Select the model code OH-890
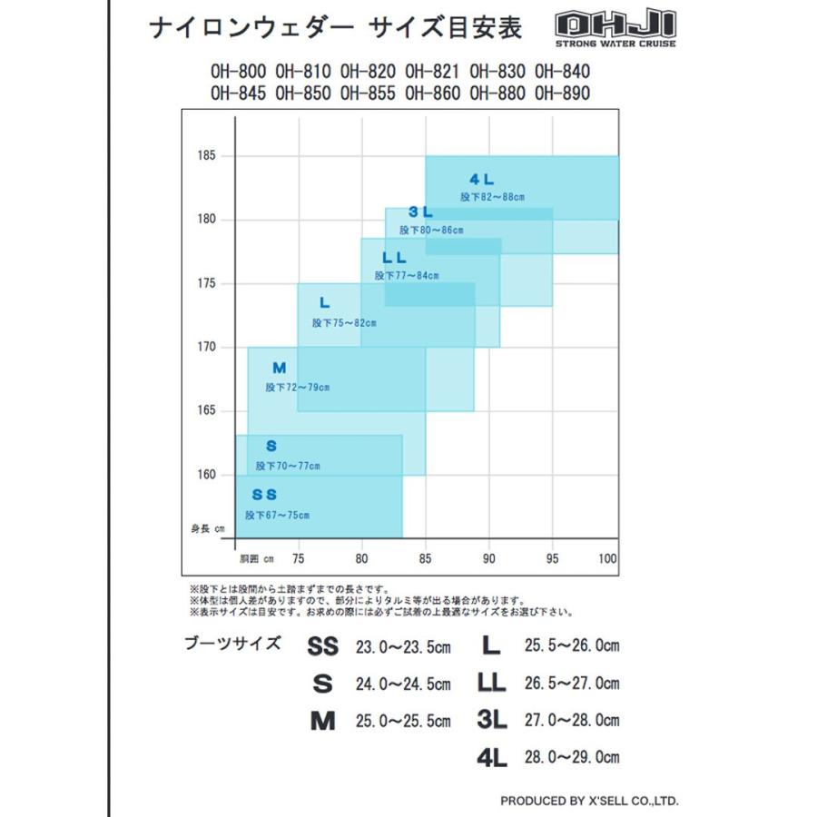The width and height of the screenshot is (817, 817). (x=562, y=93)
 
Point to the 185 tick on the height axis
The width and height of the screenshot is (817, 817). (x=206, y=156)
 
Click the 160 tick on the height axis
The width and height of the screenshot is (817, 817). (x=206, y=475)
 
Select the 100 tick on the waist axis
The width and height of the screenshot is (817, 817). (x=608, y=558)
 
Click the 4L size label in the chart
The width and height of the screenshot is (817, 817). (x=482, y=179)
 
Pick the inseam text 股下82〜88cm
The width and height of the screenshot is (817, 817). (x=493, y=196)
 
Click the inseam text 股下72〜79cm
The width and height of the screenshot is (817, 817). (x=298, y=387)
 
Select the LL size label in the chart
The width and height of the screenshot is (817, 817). (x=395, y=258)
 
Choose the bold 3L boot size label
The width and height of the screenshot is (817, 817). (x=491, y=720)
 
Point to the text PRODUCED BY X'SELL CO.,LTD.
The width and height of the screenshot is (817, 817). (x=588, y=801)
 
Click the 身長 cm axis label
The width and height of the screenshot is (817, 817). (x=207, y=528)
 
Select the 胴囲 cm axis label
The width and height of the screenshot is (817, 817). (x=256, y=558)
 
